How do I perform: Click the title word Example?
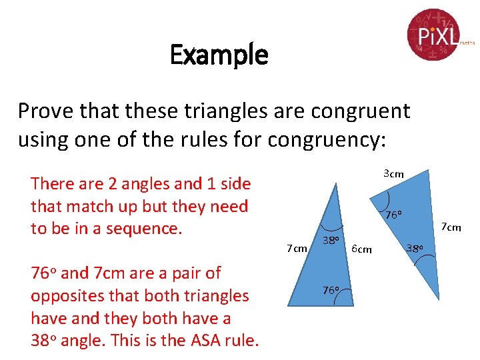[219, 55]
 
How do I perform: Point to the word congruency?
[335, 139]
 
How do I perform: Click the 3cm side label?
[393, 174]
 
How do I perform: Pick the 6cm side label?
[361, 249]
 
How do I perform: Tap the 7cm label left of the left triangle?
[297, 249]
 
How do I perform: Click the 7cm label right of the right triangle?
[451, 227]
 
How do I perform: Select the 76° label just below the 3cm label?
[393, 215]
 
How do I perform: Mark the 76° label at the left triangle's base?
[331, 290]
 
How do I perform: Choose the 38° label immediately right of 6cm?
[415, 249]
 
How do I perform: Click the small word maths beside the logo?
[467, 42]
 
